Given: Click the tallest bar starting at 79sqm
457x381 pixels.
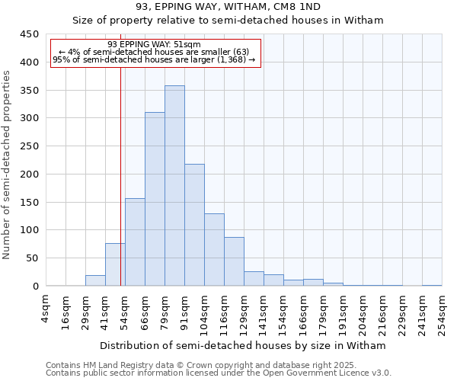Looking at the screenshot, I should point(174,186).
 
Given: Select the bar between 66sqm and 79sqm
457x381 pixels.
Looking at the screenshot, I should point(155,199).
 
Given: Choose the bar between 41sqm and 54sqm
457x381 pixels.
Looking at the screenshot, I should point(115,264).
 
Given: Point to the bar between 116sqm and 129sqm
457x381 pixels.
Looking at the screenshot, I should point(234,261).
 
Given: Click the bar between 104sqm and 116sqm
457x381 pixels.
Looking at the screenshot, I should point(214,250).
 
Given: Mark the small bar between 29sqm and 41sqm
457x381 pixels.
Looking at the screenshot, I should point(95,280).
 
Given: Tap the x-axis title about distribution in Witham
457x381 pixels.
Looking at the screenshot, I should point(244,346).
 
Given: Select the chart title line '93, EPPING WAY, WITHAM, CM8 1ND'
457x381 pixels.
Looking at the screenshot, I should point(228,7).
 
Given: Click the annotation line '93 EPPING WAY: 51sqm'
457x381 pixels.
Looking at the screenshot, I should point(154,45).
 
